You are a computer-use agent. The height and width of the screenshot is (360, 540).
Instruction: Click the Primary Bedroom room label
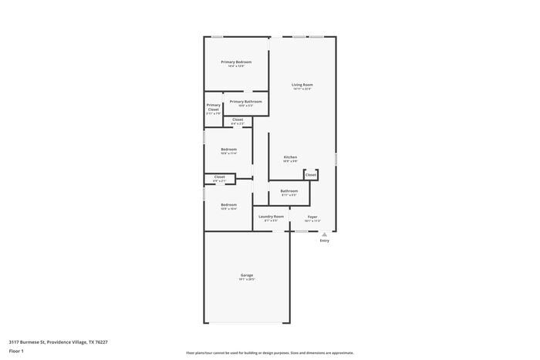[236, 62]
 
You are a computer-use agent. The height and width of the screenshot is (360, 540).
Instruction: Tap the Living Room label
[302, 85]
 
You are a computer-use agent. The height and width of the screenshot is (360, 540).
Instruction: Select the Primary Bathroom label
[245, 102]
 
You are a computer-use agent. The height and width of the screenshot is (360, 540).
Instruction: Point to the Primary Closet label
[214, 107]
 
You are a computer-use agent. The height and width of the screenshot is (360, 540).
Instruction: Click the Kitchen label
[290, 157]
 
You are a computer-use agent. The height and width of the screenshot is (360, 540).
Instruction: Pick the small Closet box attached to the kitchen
[311, 175]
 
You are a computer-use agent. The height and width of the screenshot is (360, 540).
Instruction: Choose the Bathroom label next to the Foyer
[289, 190]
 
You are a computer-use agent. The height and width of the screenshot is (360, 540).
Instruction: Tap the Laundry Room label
[271, 217]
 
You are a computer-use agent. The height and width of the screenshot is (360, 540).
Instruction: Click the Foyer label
[312, 217]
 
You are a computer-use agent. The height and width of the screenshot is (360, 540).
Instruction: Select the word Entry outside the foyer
[324, 241]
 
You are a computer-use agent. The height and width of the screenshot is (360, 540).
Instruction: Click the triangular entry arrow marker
[324, 234]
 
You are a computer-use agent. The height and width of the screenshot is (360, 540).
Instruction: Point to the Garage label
[247, 275]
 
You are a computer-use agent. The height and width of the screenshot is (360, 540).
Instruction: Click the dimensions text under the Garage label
[247, 280]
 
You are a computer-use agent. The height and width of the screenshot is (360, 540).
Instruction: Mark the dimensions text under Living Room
[302, 89]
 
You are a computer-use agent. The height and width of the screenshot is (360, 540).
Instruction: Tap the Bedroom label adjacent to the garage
[228, 204]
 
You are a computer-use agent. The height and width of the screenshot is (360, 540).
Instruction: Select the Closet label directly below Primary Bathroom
[238, 119]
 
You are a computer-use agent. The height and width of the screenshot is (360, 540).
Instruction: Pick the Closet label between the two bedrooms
[219, 177]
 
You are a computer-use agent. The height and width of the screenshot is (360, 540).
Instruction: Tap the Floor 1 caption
[16, 351]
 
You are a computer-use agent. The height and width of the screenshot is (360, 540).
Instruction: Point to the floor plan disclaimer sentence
[269, 352]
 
